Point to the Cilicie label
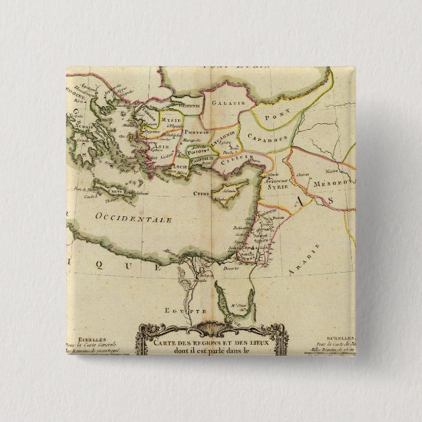coord(231,161)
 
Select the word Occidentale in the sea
coord(124,217)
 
